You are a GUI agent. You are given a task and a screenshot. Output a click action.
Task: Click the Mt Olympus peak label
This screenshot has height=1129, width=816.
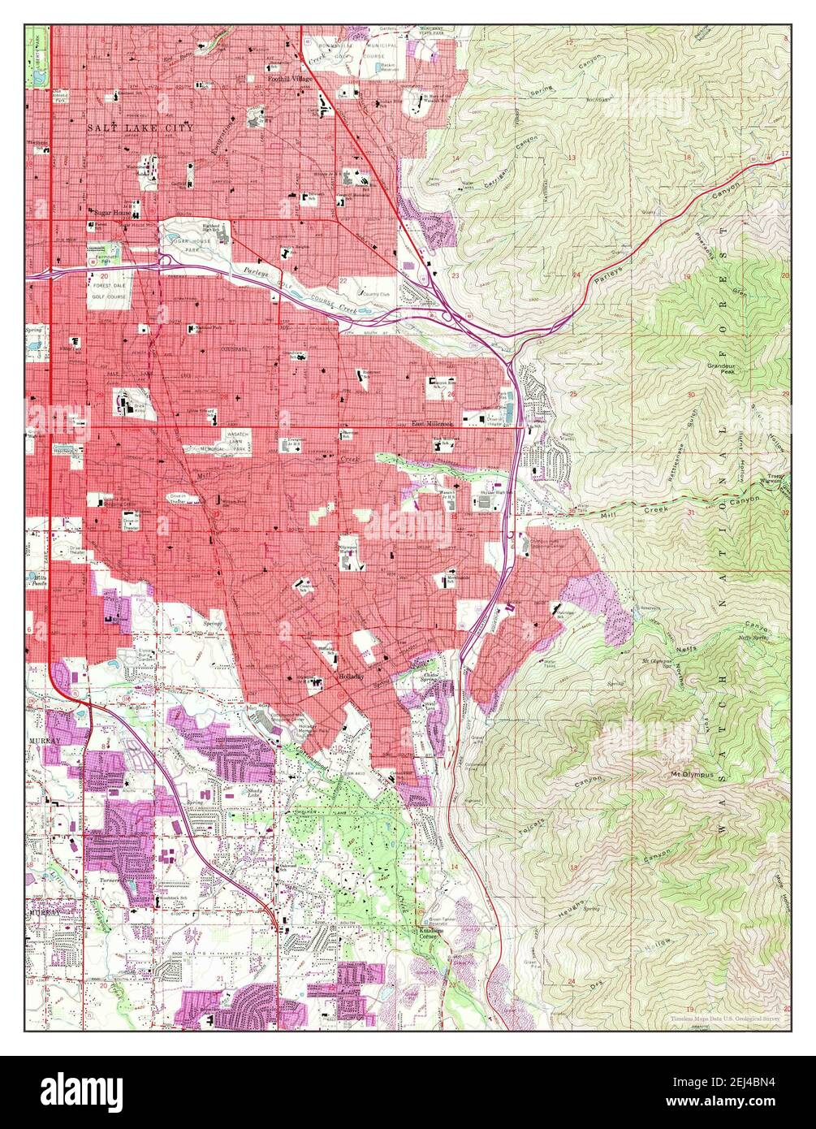(691, 775)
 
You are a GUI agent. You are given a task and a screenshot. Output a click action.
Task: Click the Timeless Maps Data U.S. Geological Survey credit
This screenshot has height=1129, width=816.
(723, 1017)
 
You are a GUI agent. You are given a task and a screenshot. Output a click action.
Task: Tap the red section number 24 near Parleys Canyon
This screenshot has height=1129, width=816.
(576, 275)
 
